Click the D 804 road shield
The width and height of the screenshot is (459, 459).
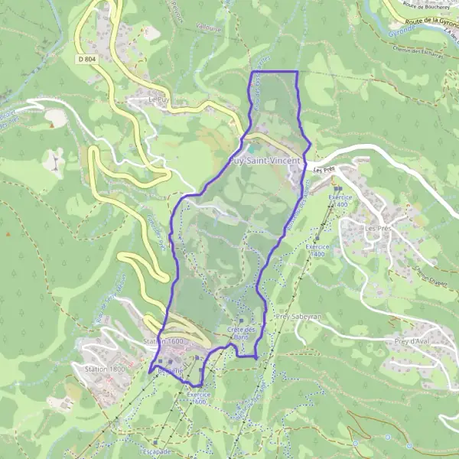86,58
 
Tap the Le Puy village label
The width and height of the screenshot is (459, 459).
158,99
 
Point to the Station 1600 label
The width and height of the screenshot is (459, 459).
164,340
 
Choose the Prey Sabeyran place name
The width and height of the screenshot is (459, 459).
290,315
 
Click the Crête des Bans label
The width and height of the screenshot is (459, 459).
242,333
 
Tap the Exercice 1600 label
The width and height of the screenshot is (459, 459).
197,398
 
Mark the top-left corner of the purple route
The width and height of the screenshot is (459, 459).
252,72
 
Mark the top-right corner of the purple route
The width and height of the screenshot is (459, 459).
297,72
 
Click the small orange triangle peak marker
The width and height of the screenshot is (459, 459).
7,233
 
